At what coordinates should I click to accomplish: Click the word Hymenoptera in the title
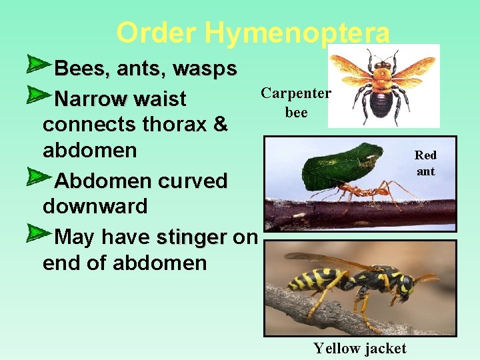coord(297,32)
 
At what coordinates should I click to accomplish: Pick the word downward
coord(95,207)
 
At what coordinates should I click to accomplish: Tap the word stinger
coord(192,237)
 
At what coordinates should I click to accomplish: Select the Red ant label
coord(425,163)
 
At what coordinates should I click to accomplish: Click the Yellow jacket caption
coord(360,348)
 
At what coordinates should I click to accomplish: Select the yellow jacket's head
coord(407,283)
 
